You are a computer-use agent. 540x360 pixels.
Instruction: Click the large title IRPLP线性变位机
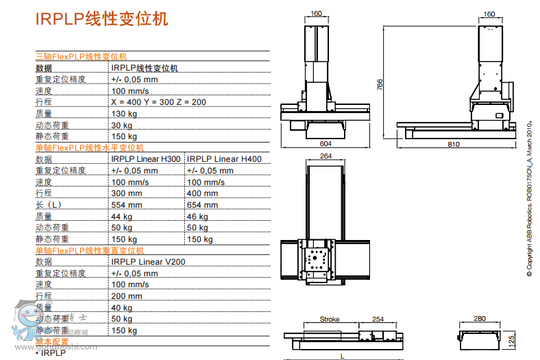click(101, 19)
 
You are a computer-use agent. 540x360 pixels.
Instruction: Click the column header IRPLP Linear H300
click(146, 159)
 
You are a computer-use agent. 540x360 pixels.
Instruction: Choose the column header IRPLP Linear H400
click(224, 159)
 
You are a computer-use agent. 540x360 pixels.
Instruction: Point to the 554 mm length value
click(127, 205)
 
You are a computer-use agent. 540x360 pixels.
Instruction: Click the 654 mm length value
click(203, 205)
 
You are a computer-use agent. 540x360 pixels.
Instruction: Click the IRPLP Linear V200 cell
click(148, 262)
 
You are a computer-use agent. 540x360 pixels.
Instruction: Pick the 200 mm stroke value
click(127, 296)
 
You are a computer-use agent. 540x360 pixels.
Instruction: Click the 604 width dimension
click(326, 143)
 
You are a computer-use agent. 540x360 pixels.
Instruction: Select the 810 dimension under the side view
click(454, 144)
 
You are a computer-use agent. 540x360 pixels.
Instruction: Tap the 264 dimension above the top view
click(326, 156)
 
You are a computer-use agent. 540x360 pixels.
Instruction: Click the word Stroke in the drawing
click(330, 320)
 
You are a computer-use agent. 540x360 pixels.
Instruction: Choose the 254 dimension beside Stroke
click(377, 320)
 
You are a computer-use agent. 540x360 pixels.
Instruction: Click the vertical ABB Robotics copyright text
click(529, 199)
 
